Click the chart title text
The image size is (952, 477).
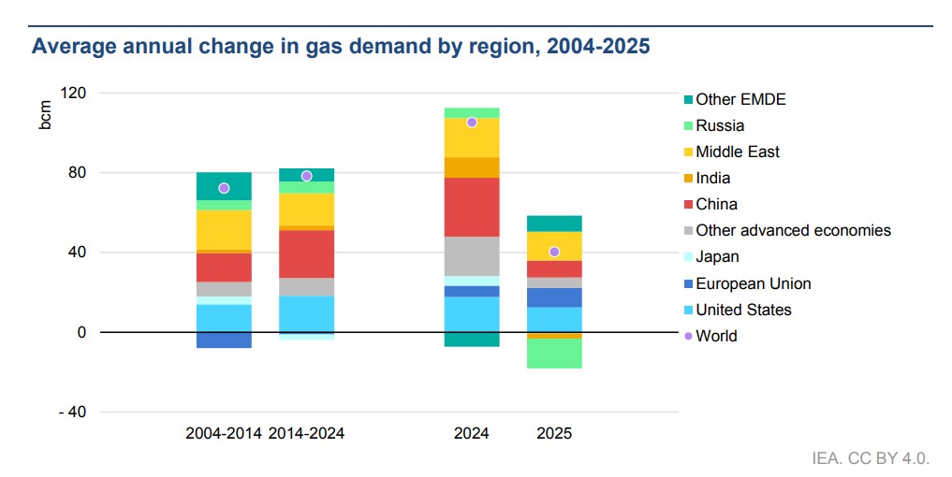coord(341,46)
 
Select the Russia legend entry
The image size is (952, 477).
coord(720,125)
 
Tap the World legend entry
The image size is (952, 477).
coord(716,336)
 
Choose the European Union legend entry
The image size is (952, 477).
coord(753,283)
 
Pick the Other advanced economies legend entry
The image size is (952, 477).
coord(793,230)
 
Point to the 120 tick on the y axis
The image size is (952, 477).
coord(74,94)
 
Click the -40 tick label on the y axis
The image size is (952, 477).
coord(73,412)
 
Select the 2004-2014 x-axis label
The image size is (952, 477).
coord(224,434)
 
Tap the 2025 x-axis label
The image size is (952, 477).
coord(554,434)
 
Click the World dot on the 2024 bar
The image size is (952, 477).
coord(472,123)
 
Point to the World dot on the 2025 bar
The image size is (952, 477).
coord(554,252)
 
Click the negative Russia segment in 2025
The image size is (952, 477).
coord(554,354)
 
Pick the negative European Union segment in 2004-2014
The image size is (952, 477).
coord(224,340)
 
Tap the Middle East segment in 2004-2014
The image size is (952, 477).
coord(224,229)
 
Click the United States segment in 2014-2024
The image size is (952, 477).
coord(306,313)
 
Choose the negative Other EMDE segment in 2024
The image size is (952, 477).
coord(472,339)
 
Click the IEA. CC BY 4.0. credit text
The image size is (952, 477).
coord(871,458)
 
